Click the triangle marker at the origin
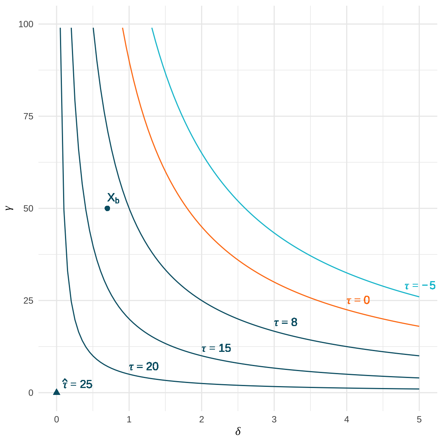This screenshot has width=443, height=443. pos(57,392)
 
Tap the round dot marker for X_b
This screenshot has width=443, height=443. pos(107,208)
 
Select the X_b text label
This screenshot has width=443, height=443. pos(113,198)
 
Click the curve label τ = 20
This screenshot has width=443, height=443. pos(144,367)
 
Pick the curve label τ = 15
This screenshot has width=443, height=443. pos(216,348)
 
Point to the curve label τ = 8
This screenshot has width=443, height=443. pos(286,322)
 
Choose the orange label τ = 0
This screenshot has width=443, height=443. pos(358,300)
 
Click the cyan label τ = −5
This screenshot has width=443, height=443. pos(420,286)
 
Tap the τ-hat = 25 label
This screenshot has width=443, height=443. pos(77,384)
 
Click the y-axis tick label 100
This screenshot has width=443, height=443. pos(26,24)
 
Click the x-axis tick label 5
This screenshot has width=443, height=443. pos(419,420)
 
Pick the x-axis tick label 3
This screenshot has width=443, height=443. pos(274,420)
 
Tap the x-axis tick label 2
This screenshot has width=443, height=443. pos(202,420)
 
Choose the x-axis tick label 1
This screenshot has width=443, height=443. pos(129,420)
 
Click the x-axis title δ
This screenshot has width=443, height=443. pos(238,431)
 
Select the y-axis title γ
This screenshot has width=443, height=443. pos(10,208)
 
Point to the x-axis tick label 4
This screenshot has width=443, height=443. pos(346,420)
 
